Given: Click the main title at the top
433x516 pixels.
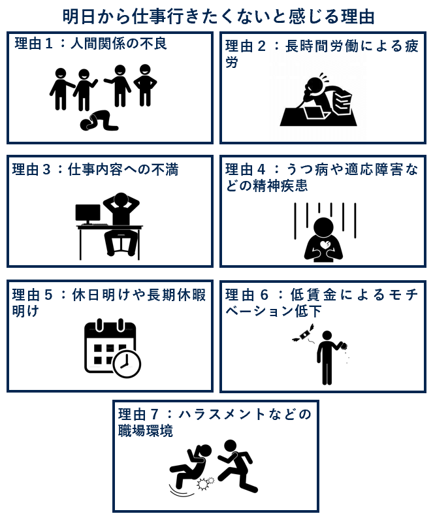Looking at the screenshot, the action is click(219, 16).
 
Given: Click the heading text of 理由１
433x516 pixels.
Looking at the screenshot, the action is click(91, 44).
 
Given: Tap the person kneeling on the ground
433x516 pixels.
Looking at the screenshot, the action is click(99, 121).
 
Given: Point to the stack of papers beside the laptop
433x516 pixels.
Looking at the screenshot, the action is click(342, 103).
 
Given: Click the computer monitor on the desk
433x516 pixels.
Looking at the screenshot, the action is click(88, 214).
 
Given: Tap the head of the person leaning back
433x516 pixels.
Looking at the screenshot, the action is click(121, 200).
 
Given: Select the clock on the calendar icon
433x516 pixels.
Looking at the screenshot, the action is click(127, 364).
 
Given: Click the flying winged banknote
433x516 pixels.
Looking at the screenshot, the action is click(303, 334).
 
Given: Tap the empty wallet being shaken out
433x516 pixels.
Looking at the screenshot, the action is click(344, 346).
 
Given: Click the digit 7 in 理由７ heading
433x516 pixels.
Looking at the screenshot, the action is click(155, 414).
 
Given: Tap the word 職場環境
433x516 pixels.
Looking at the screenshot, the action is click(146, 431).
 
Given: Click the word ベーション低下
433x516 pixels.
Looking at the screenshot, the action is click(274, 311).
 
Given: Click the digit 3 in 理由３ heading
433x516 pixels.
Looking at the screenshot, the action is click(46, 170).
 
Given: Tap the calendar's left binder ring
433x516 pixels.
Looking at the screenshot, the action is click(100, 325).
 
